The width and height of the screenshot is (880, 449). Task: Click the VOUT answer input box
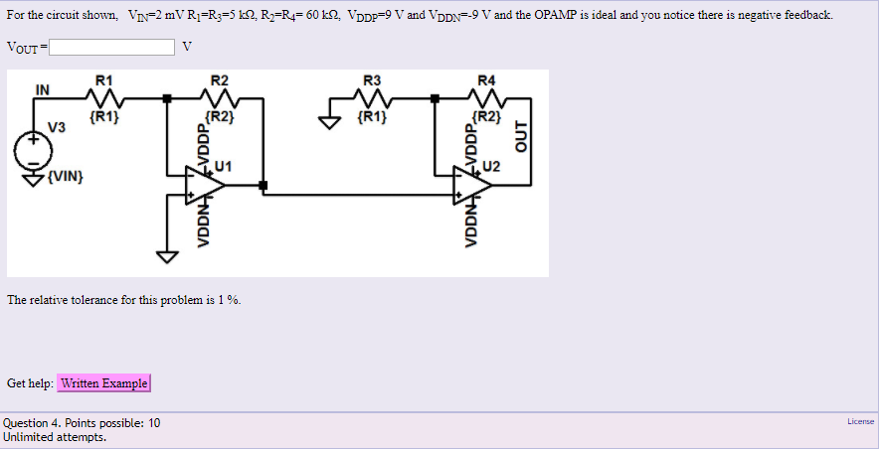coord(114,47)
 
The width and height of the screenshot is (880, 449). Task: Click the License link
coord(860,422)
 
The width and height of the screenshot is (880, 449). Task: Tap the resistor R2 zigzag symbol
coord(220,97)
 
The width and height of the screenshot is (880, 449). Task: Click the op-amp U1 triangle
coord(205,184)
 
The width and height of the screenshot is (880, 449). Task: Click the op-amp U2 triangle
coord(471,184)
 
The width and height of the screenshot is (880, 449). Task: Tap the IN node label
coord(43,88)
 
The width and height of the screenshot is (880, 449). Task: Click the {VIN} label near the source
coord(65,177)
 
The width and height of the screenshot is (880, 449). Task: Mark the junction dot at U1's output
coord(262,185)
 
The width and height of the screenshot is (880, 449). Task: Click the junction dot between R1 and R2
coord(167,97)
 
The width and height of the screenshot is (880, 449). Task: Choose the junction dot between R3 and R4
coord(435,97)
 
